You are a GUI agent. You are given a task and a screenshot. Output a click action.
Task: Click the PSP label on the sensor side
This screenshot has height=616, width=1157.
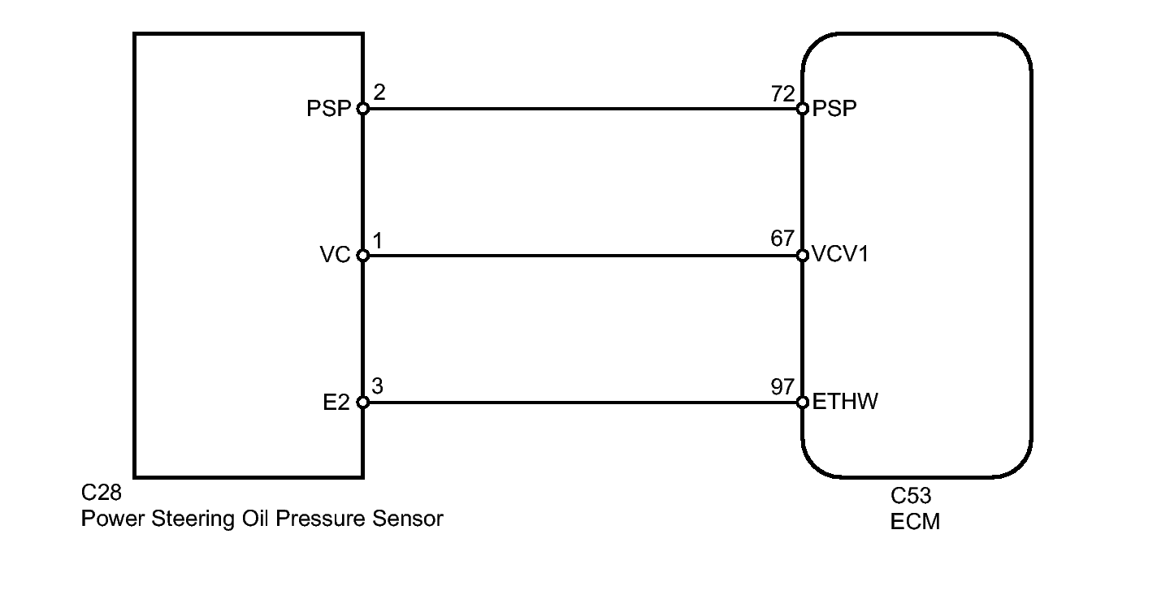[x=328, y=109]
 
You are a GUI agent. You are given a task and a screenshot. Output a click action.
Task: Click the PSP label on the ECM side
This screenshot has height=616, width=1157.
[x=834, y=109]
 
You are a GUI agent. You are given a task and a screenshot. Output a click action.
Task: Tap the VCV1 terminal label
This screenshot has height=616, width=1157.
[x=840, y=256]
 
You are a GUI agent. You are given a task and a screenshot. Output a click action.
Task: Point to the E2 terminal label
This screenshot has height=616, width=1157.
[x=336, y=403]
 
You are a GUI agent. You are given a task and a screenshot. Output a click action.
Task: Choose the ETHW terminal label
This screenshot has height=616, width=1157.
[x=845, y=403]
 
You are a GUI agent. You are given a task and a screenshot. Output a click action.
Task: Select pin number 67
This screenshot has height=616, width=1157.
[x=782, y=239]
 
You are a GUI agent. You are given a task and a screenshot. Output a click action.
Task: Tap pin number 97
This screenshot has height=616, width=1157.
[x=782, y=386]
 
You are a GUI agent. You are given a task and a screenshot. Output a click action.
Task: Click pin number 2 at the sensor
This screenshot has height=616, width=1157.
[x=379, y=93]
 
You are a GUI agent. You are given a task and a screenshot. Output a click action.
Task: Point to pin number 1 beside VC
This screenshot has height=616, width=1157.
[x=379, y=239]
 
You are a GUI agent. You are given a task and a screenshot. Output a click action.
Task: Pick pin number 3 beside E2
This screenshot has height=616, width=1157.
[x=379, y=386]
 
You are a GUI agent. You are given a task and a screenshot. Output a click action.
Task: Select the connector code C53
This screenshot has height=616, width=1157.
[x=911, y=497]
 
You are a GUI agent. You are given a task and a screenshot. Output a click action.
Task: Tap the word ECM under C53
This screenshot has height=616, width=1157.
[x=915, y=521]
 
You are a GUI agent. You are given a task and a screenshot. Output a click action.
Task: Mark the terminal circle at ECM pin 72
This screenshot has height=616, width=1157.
[x=802, y=109]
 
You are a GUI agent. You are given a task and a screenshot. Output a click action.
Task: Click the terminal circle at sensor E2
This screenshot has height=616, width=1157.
[x=362, y=403]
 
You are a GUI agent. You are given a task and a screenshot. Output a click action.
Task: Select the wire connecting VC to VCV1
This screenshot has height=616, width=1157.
[x=582, y=256]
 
